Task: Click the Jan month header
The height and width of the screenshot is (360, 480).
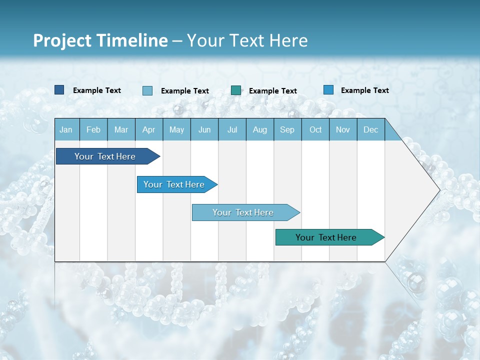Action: coord(66,129)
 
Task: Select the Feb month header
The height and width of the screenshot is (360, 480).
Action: coord(93,129)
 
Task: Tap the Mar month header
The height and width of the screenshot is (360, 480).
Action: coord(121,129)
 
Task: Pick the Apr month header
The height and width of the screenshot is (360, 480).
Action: coord(149,129)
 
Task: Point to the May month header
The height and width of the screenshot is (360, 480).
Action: coord(176,129)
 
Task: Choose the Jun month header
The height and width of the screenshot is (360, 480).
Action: coord(204,129)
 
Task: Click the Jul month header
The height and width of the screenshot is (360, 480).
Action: coord(232,129)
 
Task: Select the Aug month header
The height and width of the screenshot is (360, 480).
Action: coord(260,129)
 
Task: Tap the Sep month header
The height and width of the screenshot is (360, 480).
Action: coord(287,129)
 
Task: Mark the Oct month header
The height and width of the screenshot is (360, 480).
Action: coord(315,129)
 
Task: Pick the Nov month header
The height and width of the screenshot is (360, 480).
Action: coord(343,129)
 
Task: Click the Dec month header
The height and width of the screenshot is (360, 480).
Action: coord(371,129)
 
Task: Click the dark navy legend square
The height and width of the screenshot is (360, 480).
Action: coord(59,90)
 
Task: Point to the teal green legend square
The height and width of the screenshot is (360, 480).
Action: coord(236,90)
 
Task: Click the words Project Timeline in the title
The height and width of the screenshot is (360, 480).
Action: coord(100,40)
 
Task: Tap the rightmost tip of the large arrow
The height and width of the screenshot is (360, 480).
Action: coord(439,190)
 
